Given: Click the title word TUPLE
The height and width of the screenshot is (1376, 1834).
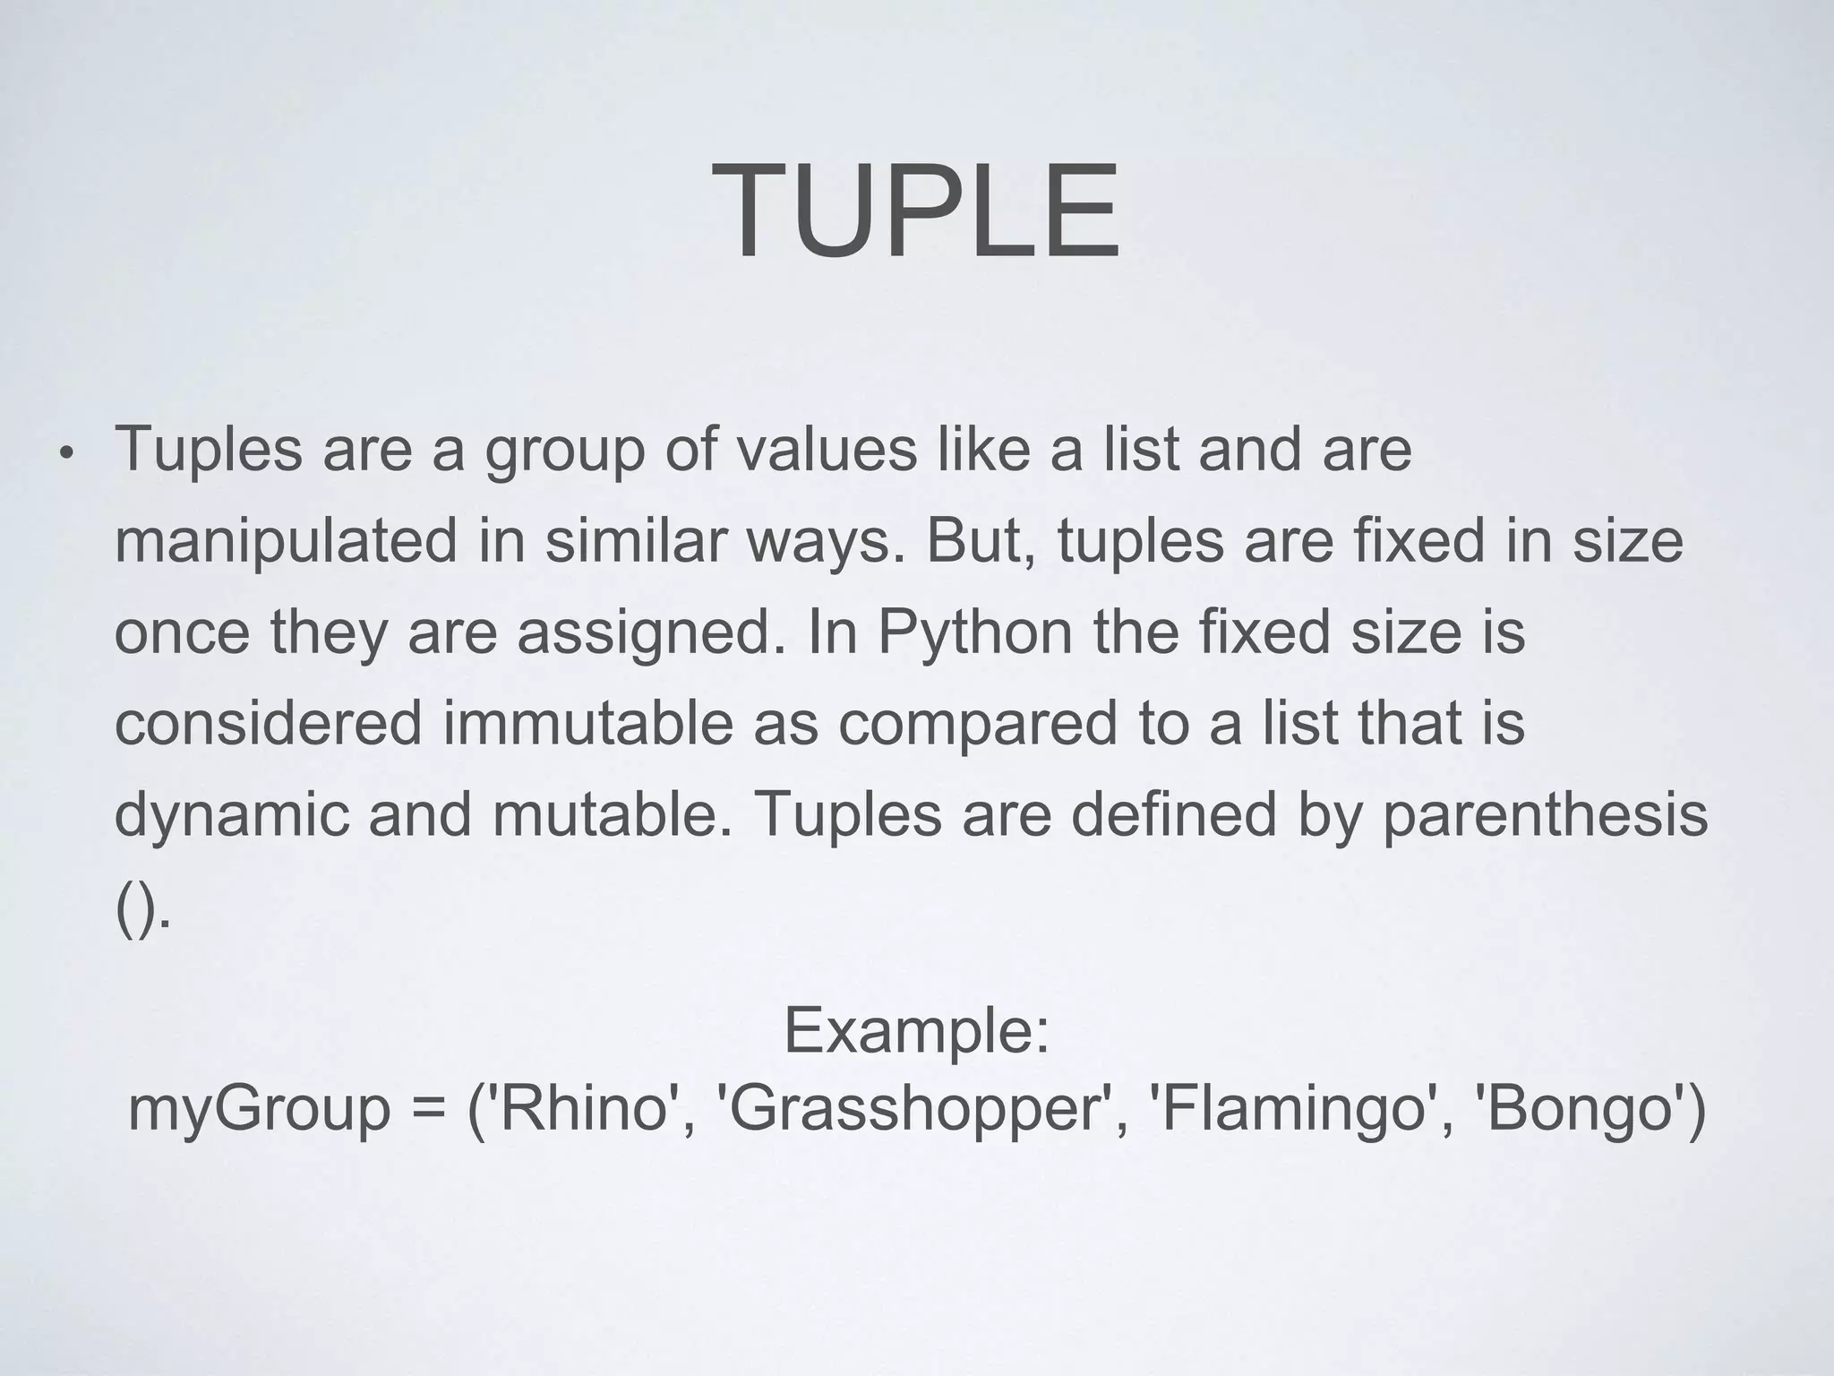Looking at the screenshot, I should click(915, 211).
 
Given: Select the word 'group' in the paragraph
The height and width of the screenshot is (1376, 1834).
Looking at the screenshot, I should click(564, 451).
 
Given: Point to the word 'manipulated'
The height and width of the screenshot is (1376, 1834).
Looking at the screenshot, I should click(286, 542).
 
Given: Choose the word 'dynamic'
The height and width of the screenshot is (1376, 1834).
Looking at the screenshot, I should click(231, 815).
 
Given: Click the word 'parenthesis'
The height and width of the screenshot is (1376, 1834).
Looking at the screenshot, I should click(1545, 815).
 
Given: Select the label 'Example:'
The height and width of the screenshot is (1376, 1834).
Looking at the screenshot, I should click(916, 1030).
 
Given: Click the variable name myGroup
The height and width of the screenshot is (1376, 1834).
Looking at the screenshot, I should click(260, 1109).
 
